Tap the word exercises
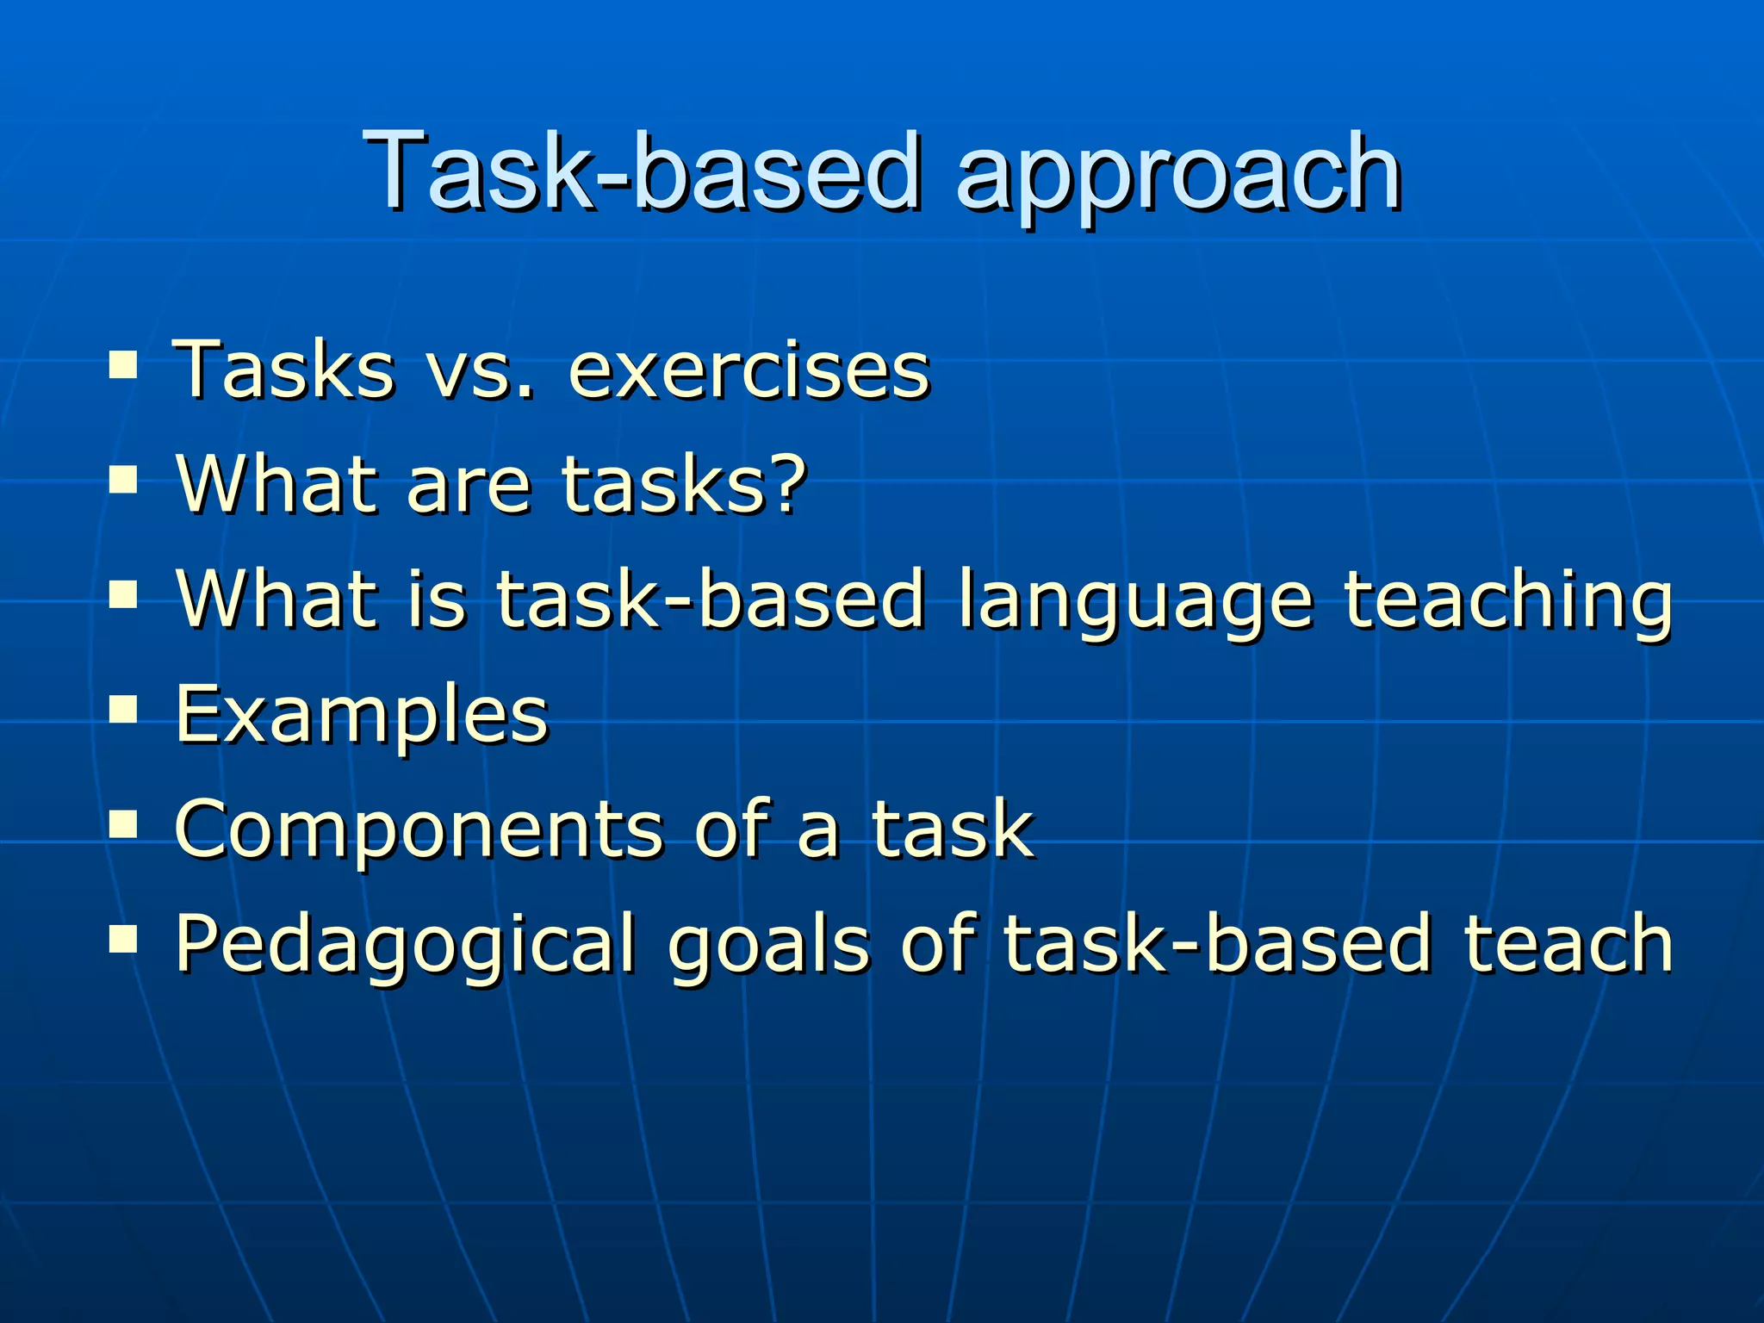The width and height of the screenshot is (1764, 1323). click(x=749, y=371)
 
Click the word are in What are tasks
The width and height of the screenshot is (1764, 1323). click(x=469, y=488)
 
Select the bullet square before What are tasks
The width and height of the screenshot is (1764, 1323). click(x=124, y=481)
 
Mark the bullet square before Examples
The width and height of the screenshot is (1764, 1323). click(x=124, y=710)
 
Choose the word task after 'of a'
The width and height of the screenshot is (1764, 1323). click(x=952, y=829)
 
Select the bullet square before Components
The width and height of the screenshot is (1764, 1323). click(x=124, y=824)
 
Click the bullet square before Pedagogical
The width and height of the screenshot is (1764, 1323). click(x=124, y=940)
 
